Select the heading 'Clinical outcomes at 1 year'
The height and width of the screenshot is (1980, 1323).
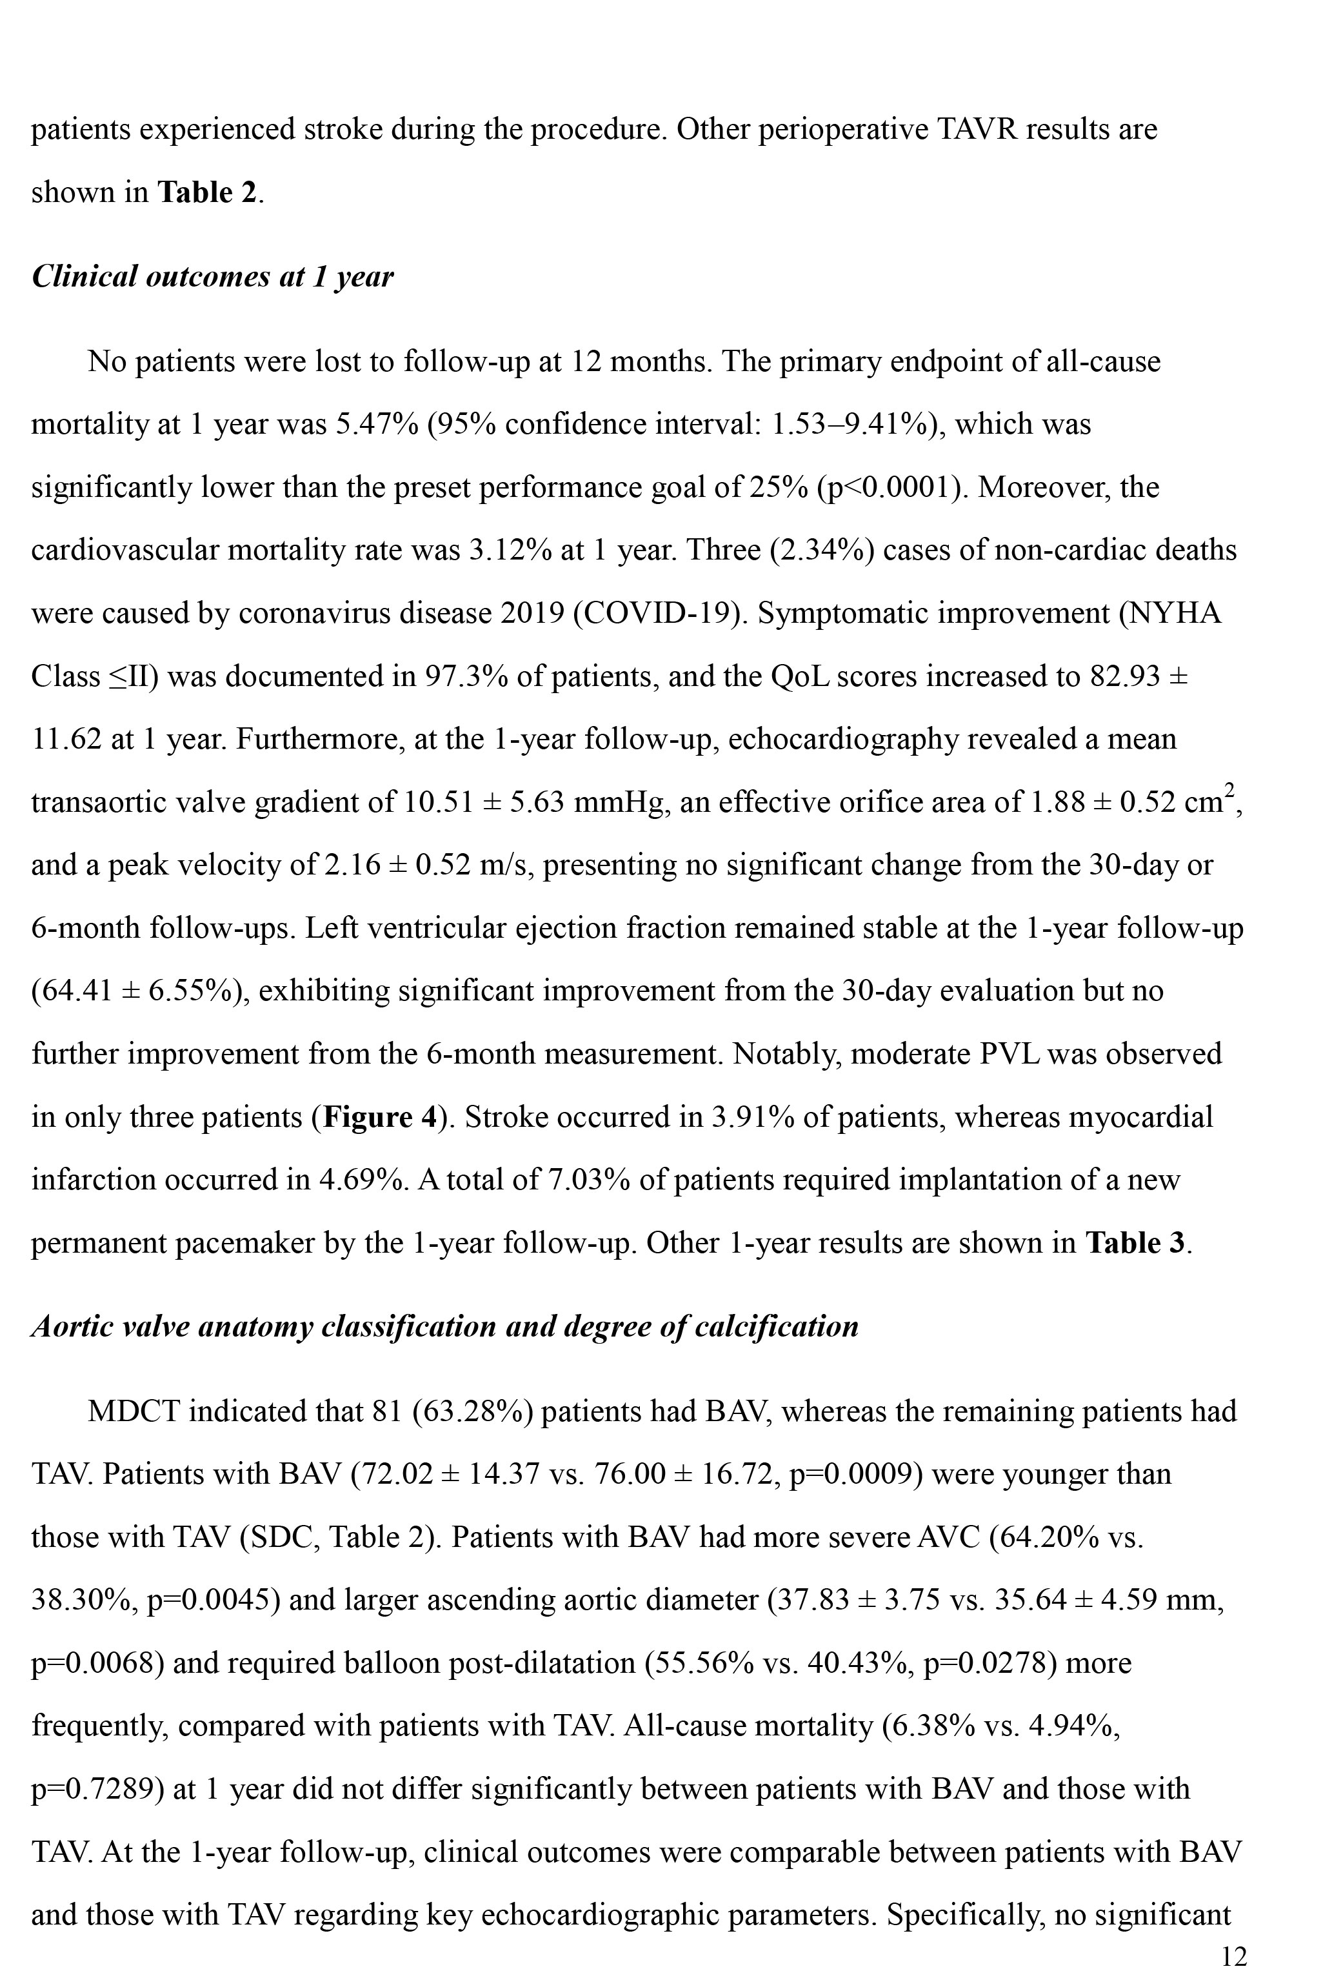coord(213,277)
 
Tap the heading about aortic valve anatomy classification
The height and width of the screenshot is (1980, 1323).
coord(444,1327)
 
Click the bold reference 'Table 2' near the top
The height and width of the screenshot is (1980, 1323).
coord(206,192)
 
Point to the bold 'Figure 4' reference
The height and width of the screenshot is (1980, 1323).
coord(381,1117)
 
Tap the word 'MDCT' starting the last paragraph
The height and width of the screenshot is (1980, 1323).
coord(134,1412)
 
